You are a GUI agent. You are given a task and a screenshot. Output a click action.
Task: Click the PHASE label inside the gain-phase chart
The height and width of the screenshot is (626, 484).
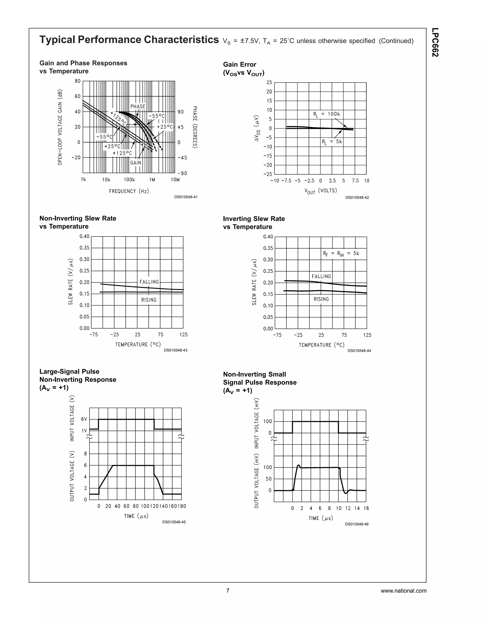click(138, 106)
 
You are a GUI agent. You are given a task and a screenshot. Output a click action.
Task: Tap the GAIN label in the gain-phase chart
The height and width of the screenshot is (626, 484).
click(136, 163)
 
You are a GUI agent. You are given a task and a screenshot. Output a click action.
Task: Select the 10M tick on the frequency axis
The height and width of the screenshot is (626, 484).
click(175, 180)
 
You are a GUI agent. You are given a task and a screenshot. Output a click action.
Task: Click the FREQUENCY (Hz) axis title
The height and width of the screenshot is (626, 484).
click(129, 191)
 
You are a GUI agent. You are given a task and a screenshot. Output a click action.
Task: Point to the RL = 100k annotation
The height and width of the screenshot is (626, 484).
click(326, 114)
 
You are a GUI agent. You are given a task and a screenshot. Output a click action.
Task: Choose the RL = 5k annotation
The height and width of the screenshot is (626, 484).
click(332, 141)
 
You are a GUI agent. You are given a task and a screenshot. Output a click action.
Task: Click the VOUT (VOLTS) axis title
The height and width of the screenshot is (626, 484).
click(320, 191)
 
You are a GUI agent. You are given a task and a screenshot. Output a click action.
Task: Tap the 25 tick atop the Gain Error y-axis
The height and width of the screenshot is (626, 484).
click(269, 82)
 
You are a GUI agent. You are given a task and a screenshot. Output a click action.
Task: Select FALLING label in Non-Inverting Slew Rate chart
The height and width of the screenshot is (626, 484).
click(149, 282)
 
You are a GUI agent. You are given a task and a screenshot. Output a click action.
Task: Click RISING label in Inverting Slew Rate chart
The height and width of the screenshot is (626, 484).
click(321, 299)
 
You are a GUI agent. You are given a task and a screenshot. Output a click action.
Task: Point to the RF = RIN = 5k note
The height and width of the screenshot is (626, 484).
click(341, 253)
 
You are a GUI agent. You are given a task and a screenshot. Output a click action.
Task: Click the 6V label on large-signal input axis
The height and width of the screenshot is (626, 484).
click(84, 419)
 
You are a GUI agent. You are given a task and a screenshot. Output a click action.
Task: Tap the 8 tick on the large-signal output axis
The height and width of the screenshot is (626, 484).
click(85, 454)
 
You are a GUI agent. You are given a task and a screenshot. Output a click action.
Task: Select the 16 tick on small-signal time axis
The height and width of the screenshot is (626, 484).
click(366, 508)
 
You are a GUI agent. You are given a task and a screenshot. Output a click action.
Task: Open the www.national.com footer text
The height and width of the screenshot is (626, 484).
click(403, 591)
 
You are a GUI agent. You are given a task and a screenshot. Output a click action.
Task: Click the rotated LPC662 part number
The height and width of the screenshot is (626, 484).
click(435, 43)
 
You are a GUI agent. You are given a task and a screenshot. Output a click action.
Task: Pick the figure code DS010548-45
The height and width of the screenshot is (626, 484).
click(174, 522)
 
